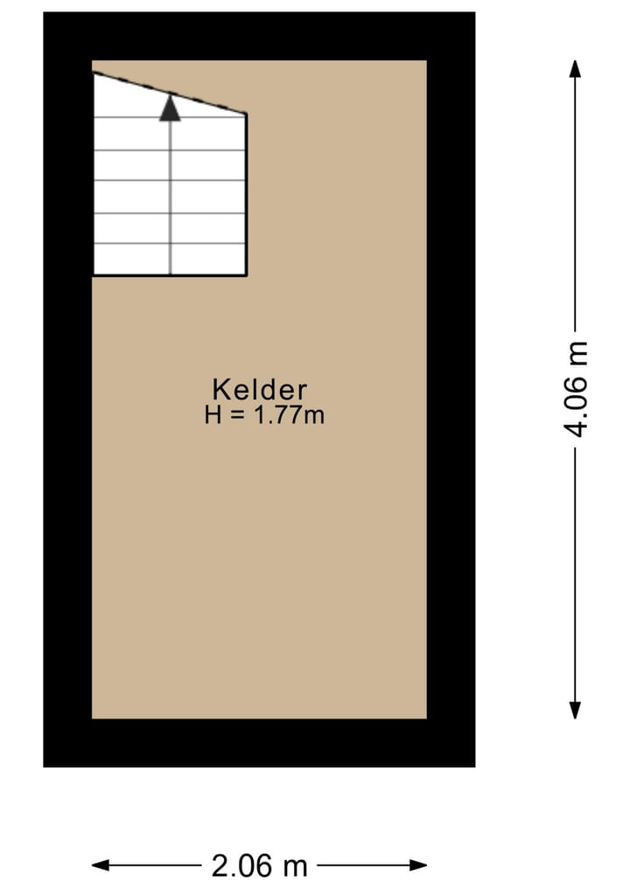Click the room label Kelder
pos(259,389)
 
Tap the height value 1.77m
pos(289,414)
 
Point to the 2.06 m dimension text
pos(260,865)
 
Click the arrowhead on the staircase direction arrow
pos(170,108)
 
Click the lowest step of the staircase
pos(169,260)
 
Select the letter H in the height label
pos(213,414)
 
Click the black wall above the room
pos(259,36)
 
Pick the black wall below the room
pos(259,743)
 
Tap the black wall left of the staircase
pos(67,175)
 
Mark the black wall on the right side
pos(451,389)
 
